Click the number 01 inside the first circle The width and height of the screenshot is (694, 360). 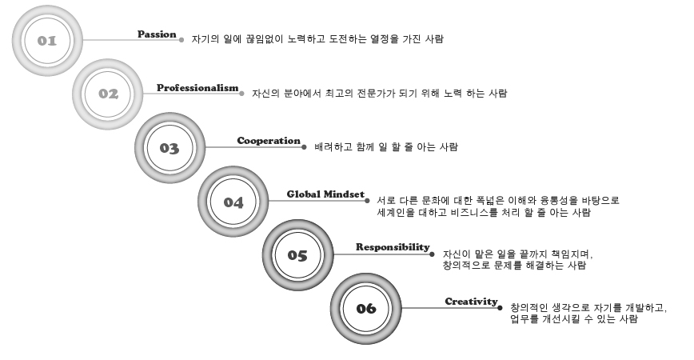pos(47,41)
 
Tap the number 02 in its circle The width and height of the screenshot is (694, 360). pos(109,94)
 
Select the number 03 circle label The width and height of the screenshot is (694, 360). pos(170,148)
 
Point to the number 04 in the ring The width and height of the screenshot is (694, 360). pos(233,202)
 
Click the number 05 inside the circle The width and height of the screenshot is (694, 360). pos(297,255)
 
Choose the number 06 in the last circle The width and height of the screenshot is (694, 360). pos(366,308)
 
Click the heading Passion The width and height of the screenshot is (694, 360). pos(157,34)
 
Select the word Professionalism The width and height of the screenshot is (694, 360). pos(197,88)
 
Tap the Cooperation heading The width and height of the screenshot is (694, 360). pos(269,141)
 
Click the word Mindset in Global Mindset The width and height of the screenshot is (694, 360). pos(344,194)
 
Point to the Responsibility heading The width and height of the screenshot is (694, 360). pos(393,247)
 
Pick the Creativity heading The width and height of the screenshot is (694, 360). pos(472,302)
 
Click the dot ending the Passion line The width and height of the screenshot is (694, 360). pos(181,40)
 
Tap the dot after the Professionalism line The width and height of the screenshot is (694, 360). pos(241,94)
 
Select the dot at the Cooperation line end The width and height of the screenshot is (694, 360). pos(304,147)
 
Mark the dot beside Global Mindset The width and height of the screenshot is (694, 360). pos(367,201)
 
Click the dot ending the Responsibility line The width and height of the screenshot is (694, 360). pos(432,254)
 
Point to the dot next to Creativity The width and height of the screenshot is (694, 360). pos(501,308)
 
